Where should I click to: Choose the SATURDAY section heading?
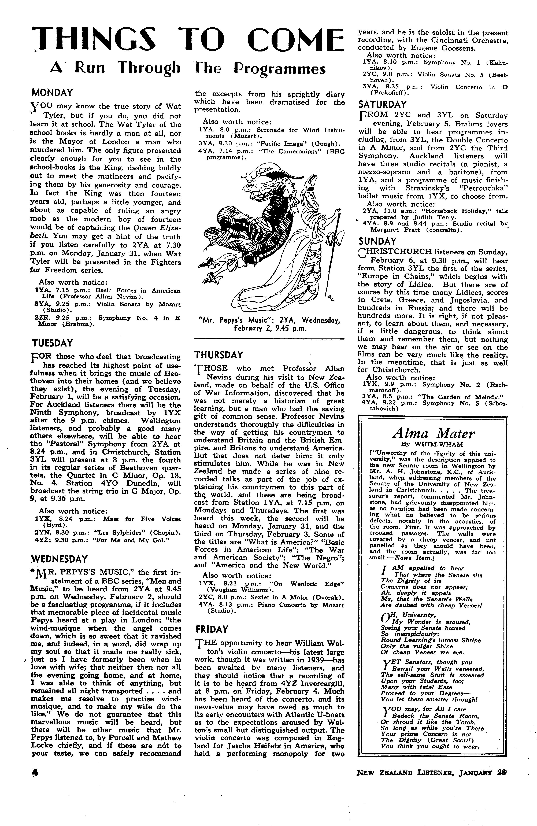coord(382,104)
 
